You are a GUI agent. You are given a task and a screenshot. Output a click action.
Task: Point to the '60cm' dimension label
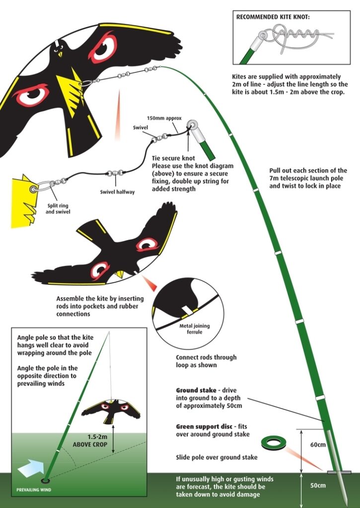pyautogui.click(x=317, y=444)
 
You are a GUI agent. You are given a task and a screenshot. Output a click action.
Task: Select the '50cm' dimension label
pyautogui.click(x=317, y=485)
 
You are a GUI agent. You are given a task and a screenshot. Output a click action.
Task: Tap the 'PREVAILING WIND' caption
pyautogui.click(x=34, y=490)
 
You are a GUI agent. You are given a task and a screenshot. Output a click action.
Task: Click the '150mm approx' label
pyautogui.click(x=164, y=118)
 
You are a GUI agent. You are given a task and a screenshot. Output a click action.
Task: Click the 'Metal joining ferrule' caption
pyautogui.click(x=194, y=329)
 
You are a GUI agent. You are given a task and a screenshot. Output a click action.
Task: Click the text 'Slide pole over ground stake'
pyautogui.click(x=216, y=457)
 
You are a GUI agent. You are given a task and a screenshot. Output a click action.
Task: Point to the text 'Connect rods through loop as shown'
pyautogui.click(x=206, y=361)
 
